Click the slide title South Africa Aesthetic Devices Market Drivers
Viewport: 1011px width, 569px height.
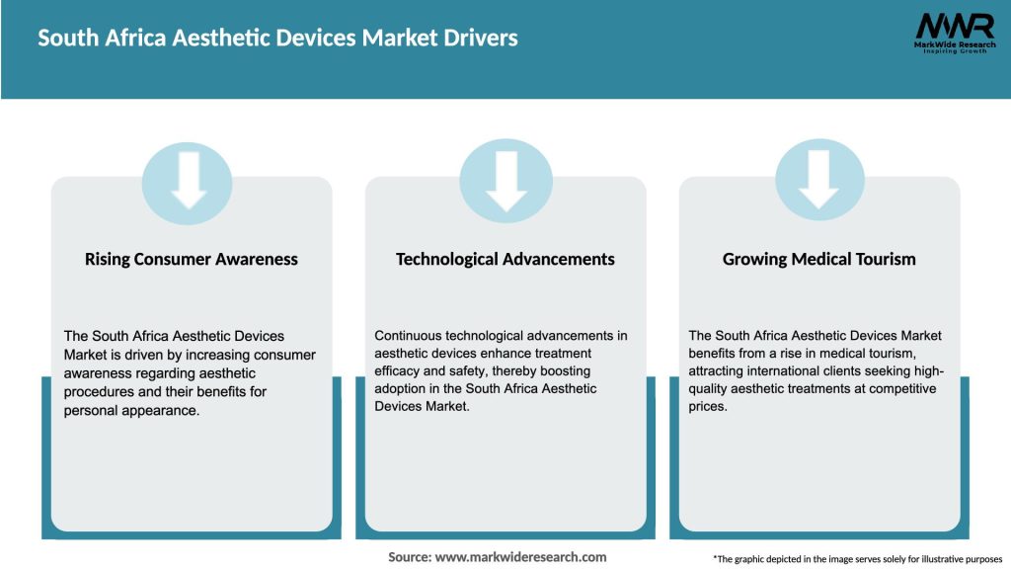tap(277, 39)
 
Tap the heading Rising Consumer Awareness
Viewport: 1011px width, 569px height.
tap(192, 259)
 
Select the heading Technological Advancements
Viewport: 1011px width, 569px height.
tap(505, 259)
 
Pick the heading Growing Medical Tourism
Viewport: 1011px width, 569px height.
tap(819, 259)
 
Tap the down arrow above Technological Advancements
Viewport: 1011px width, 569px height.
tap(505, 180)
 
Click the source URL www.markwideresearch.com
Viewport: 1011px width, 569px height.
tap(521, 557)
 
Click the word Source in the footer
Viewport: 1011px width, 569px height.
tap(409, 557)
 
